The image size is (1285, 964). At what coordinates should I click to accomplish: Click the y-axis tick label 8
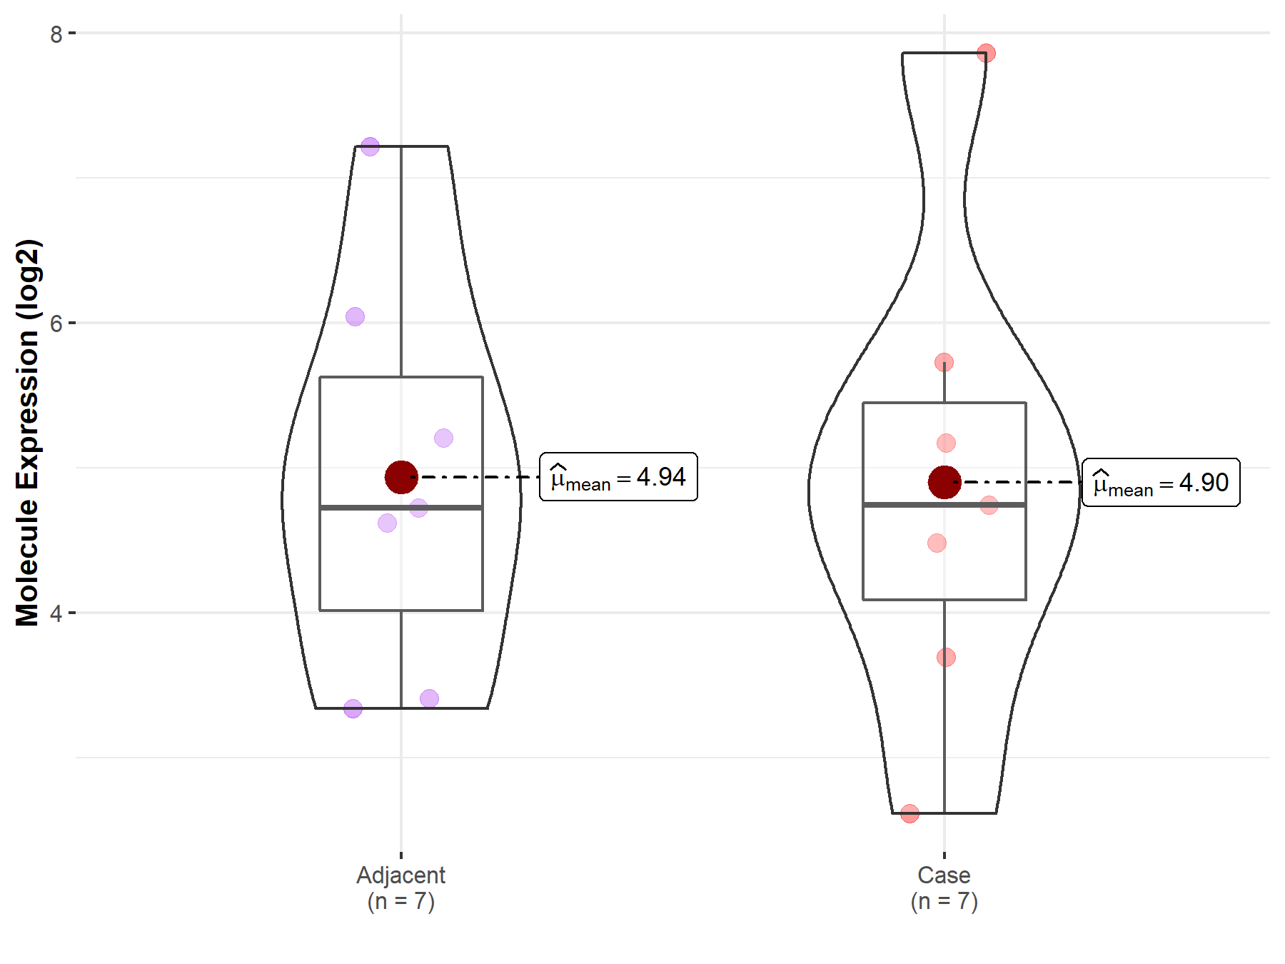[56, 34]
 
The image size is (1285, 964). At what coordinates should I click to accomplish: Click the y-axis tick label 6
[56, 323]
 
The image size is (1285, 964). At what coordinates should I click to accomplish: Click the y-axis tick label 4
[56, 613]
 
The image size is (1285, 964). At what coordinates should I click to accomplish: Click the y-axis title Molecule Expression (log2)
[28, 433]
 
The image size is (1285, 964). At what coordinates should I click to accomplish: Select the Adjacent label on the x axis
[401, 875]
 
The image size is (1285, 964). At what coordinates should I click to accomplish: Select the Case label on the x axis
[944, 875]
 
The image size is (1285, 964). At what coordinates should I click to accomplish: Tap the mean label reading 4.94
[618, 477]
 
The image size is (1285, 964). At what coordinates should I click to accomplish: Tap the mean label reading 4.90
[1161, 483]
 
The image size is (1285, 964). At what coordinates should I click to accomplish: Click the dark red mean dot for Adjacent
[401, 477]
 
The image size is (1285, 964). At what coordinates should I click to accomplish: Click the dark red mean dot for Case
[944, 483]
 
